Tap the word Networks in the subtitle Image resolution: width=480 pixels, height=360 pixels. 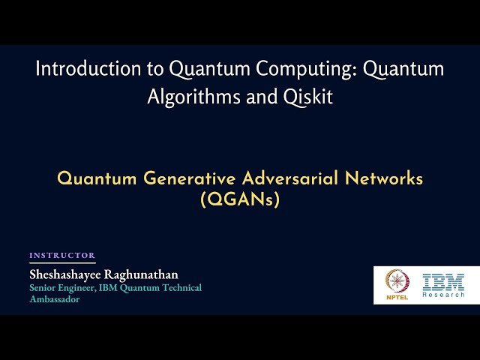386,179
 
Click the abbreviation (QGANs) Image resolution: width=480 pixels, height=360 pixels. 240,200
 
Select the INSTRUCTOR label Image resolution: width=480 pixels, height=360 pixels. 62,256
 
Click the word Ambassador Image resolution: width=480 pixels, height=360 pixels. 54,298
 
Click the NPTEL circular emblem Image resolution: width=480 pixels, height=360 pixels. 397,282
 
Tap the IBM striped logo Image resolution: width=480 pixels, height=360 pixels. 443,282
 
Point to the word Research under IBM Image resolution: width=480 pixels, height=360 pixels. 443,295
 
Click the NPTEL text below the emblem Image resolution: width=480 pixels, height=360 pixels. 397,298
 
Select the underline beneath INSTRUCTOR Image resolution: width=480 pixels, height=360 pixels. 62,262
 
